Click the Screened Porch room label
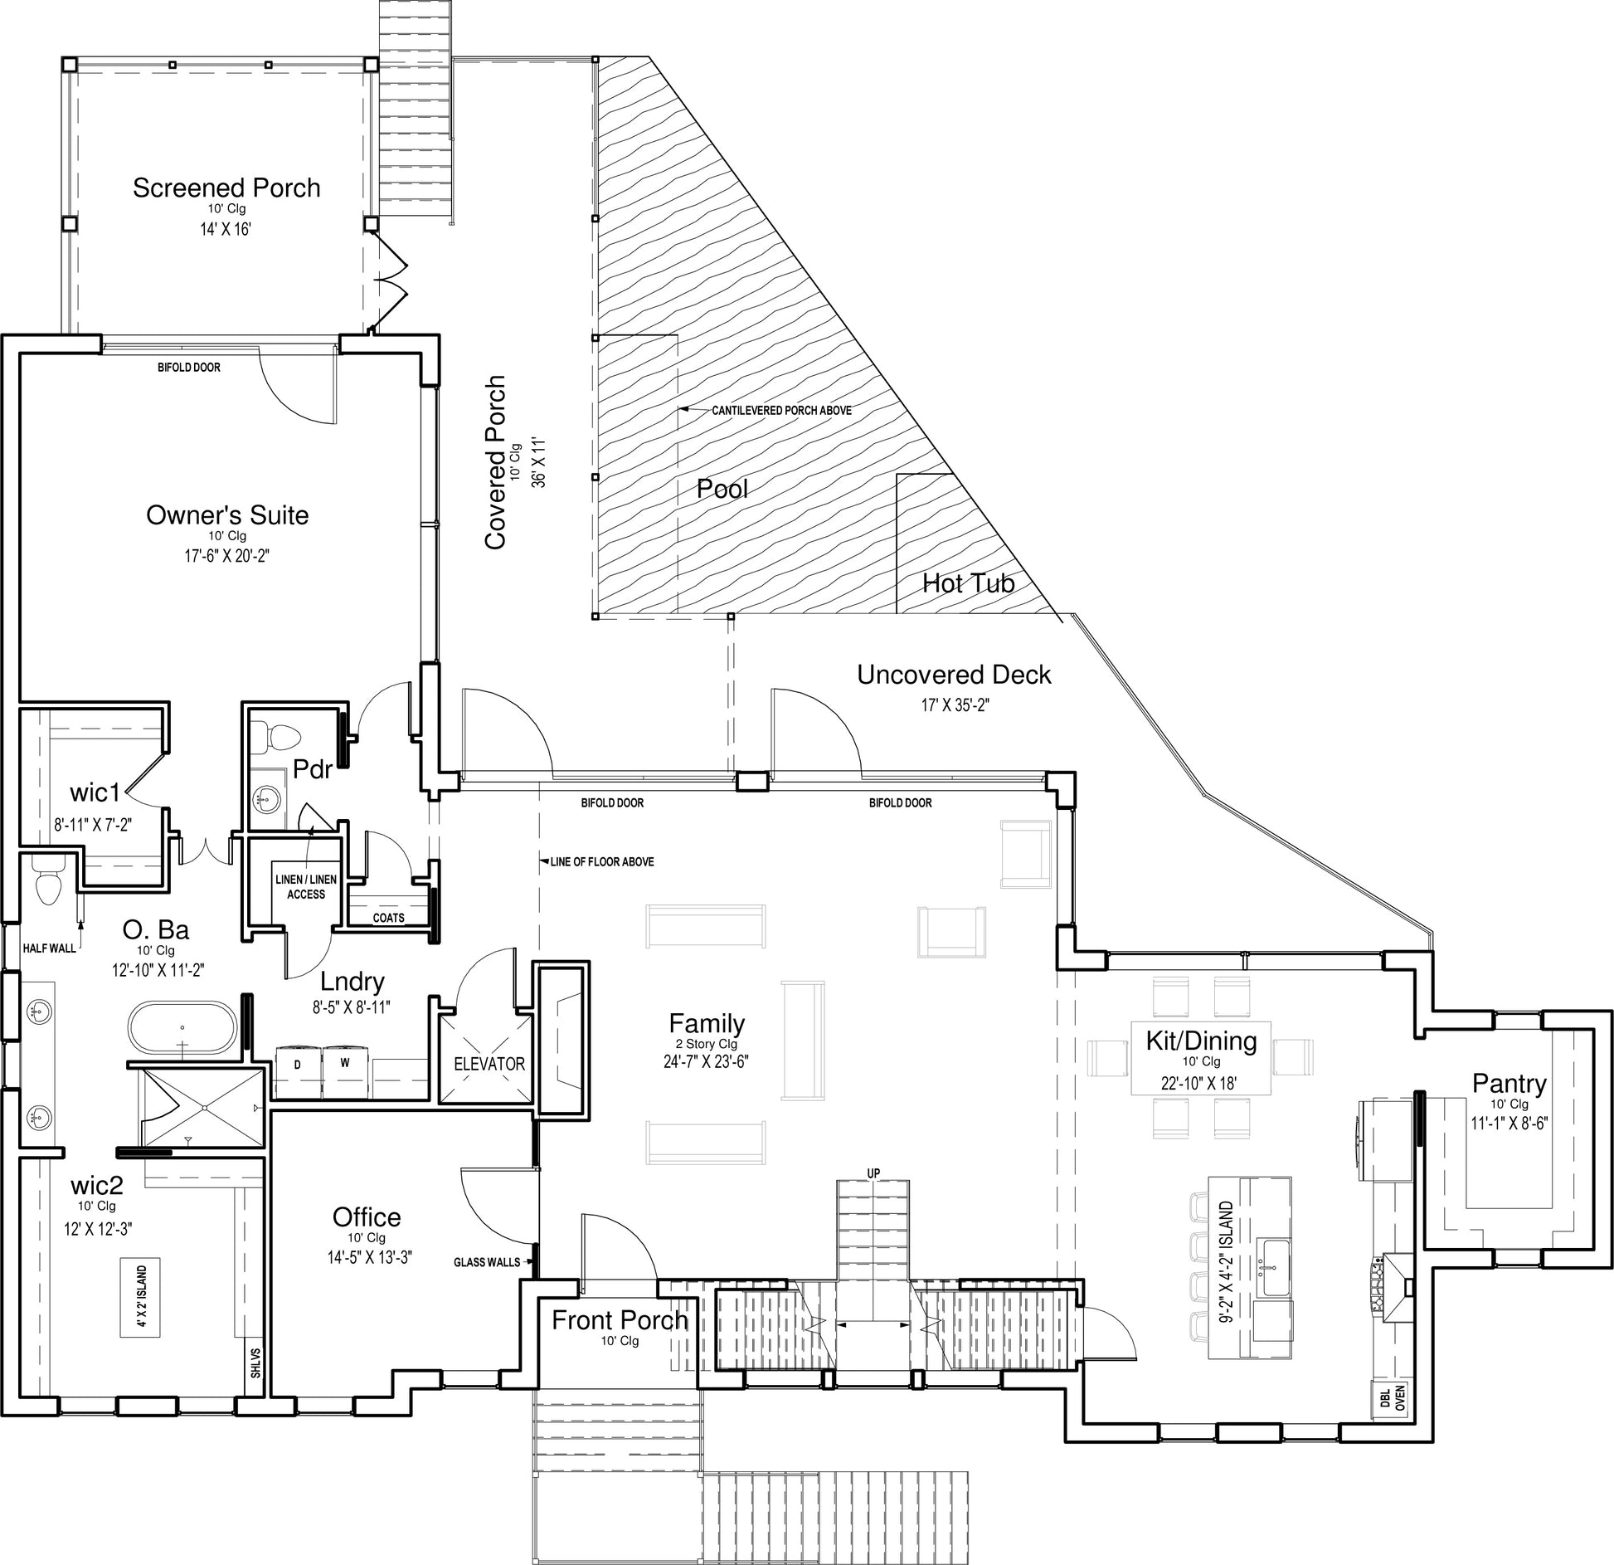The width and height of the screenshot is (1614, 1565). coord(226,188)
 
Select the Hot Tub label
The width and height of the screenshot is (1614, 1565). coord(969,583)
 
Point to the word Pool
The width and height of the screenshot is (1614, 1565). coord(722,489)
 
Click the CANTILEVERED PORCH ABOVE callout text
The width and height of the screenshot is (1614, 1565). coord(781,410)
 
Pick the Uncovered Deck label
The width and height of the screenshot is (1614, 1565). coord(954,675)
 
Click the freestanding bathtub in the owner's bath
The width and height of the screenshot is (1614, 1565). coord(184,1028)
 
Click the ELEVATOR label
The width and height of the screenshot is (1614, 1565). coord(489,1064)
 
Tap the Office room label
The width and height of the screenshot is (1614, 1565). coord(367,1216)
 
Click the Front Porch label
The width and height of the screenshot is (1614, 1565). coord(620,1319)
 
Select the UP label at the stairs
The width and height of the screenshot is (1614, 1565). coord(873,1173)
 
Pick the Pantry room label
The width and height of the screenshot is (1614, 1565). coord(1509,1083)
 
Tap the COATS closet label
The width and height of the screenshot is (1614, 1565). coord(388,918)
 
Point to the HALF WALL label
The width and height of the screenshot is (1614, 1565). coord(50,948)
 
